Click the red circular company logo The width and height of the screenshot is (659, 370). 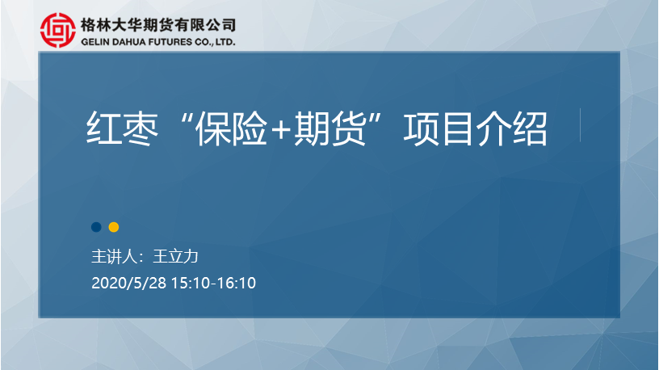click(58, 30)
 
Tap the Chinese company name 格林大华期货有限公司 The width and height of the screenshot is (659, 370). click(158, 25)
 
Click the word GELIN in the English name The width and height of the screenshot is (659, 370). click(95, 42)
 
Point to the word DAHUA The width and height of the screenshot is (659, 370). click(128, 42)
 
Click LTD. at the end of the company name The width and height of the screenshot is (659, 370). click(225, 42)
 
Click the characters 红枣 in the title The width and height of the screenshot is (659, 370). click(122, 128)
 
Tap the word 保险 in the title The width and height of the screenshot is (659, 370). click(232, 128)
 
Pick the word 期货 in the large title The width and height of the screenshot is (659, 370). click(329, 128)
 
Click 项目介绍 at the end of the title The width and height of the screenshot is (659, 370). click(476, 128)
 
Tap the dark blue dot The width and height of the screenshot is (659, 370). click(96, 227)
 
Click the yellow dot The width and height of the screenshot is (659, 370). click(114, 227)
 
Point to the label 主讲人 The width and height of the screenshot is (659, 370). click(115, 256)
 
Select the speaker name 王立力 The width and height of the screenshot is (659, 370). click(175, 256)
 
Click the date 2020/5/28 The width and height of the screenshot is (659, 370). click(129, 283)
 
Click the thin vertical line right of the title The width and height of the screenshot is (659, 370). click(581, 125)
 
